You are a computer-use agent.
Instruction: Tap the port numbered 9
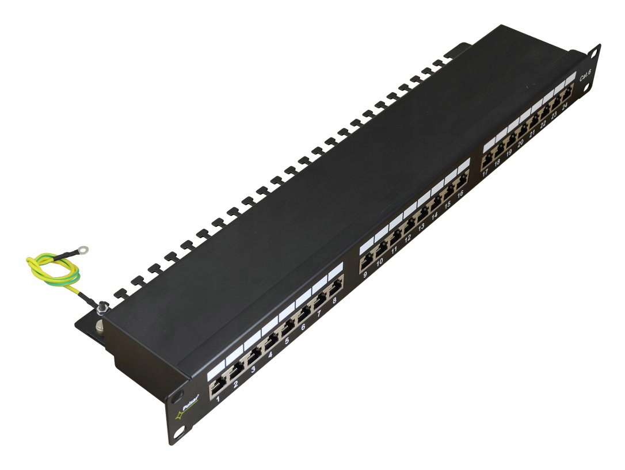[366, 262]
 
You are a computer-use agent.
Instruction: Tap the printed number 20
[520, 144]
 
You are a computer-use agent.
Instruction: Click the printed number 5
[286, 340]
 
